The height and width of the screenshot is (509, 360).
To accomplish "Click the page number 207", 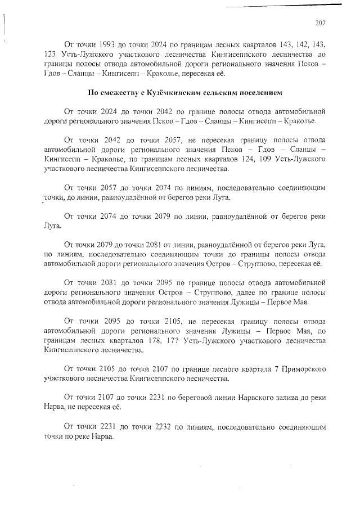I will [321, 23].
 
